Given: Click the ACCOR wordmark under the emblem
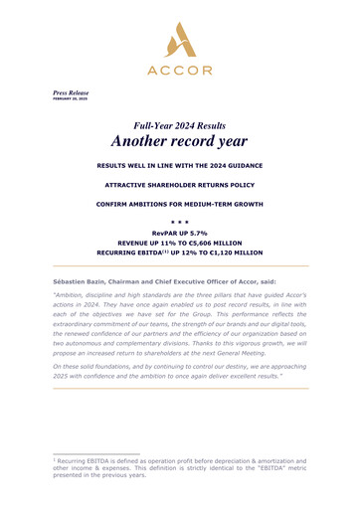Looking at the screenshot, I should [181, 71].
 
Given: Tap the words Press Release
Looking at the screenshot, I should [71, 92].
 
